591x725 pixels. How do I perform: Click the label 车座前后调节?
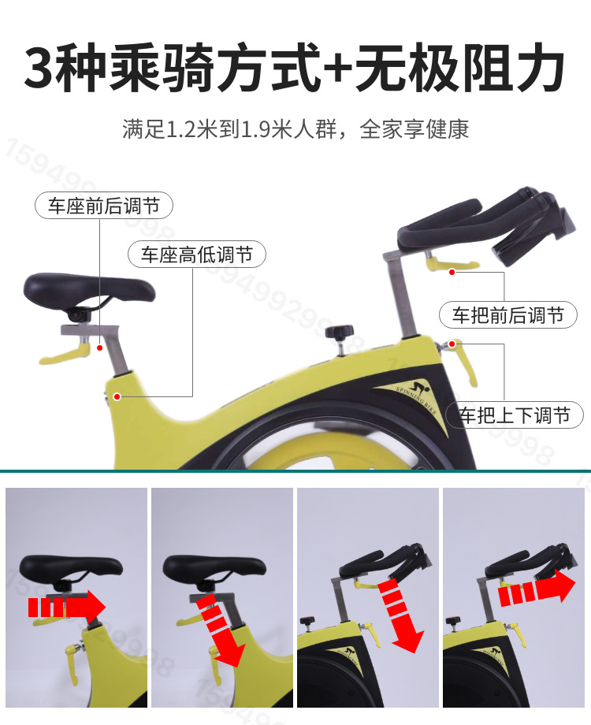point(103,206)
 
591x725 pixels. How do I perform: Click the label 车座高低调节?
point(196,255)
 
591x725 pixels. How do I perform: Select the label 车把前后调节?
point(507,316)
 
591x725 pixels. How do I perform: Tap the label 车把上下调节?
point(515,415)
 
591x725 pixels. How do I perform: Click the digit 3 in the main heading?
point(41,69)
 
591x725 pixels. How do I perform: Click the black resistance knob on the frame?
point(340,332)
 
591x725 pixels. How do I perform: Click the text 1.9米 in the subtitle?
point(269,129)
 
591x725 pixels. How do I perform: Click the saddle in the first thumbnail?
point(71,567)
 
